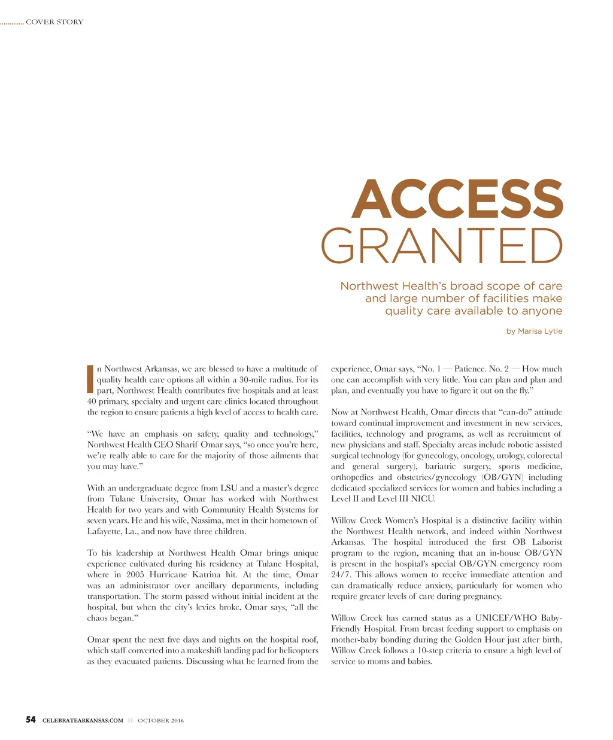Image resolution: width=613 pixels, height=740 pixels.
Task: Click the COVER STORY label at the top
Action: [54, 22]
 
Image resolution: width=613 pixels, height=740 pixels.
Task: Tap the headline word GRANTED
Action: [442, 246]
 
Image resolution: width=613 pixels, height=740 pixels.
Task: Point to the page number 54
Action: [31, 720]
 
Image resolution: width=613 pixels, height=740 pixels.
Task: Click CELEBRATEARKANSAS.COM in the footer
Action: [83, 720]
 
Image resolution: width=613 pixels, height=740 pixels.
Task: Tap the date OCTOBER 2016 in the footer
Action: [160, 720]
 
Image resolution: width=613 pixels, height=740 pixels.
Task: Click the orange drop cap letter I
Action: [90, 379]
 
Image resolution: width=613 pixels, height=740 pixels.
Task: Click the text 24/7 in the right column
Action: [341, 574]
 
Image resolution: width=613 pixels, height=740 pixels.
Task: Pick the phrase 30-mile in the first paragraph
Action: [254, 380]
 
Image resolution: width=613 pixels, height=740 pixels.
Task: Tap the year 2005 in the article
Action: [135, 574]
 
